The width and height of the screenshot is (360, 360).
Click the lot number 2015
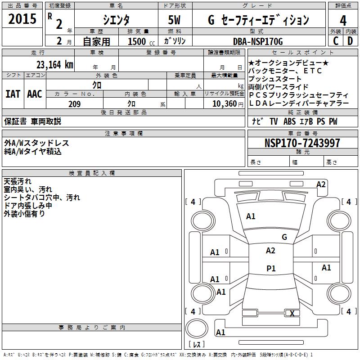click(22, 19)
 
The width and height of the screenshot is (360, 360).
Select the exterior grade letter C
click(335, 41)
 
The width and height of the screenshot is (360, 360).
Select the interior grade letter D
click(350, 41)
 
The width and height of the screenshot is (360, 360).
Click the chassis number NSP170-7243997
click(302, 143)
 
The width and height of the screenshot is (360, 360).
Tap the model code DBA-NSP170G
click(258, 41)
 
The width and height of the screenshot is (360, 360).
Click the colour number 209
click(74, 104)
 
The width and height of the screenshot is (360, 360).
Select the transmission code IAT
click(13, 94)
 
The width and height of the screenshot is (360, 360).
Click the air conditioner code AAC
click(35, 94)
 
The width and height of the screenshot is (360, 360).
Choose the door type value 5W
click(175, 20)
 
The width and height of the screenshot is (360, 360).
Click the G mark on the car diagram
click(284, 237)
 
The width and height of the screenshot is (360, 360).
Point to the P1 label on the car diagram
click(271, 269)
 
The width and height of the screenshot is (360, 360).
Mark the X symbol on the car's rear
click(292, 314)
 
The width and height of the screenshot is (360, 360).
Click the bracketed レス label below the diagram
click(196, 345)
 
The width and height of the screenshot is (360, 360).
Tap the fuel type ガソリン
click(175, 41)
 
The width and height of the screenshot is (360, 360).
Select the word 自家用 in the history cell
click(96, 41)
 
